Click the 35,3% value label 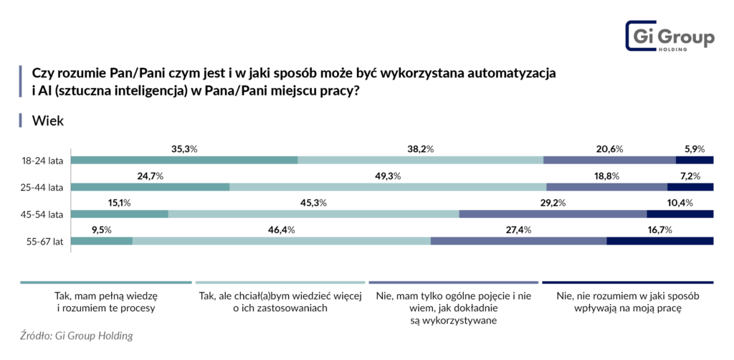[184, 149]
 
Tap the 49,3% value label [387, 176]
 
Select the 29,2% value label [553, 203]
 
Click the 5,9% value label [694, 149]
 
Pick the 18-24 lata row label [44, 160]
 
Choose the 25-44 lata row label [44, 187]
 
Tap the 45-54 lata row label [44, 214]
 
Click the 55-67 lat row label [46, 241]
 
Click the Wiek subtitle [48, 120]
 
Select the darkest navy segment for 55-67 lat [659, 241]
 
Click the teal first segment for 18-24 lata [184, 160]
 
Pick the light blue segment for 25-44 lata [387, 187]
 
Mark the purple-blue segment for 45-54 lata [553, 214]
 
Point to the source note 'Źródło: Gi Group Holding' [77, 335]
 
